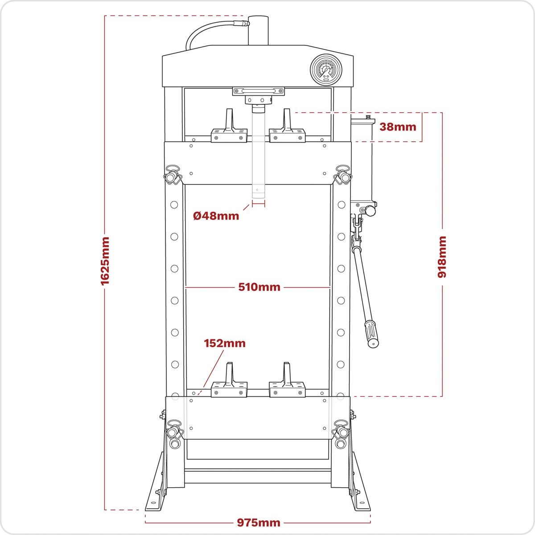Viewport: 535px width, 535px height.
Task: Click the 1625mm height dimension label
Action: [105, 260]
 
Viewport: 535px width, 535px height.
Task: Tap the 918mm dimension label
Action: [442, 257]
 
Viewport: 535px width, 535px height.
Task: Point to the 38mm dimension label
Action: [398, 127]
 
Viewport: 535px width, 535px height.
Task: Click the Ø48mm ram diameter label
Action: [216, 216]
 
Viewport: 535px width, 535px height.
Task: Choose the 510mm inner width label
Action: [259, 287]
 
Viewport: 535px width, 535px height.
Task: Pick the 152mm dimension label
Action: [225, 343]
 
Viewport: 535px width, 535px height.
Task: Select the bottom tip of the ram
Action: [258, 194]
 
